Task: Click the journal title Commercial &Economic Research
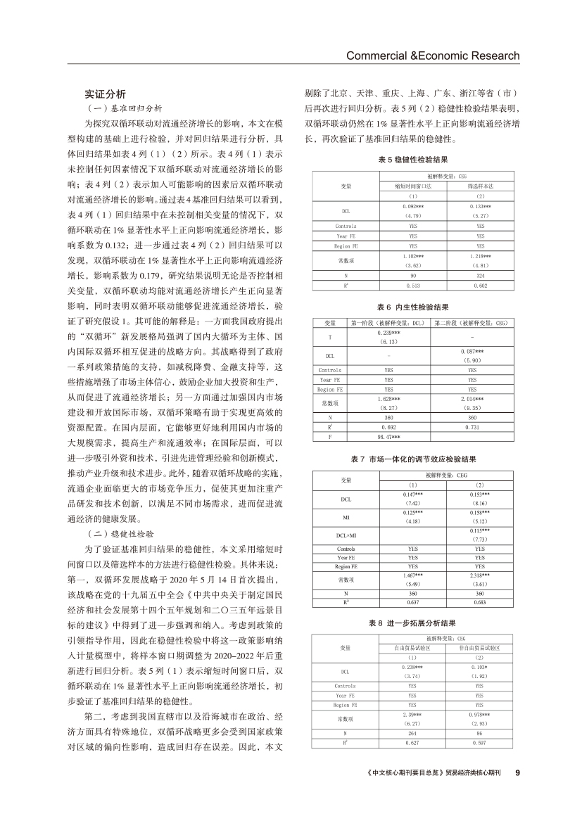coord(433,56)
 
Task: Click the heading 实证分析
coord(106,94)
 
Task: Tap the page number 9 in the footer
coord(517,792)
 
